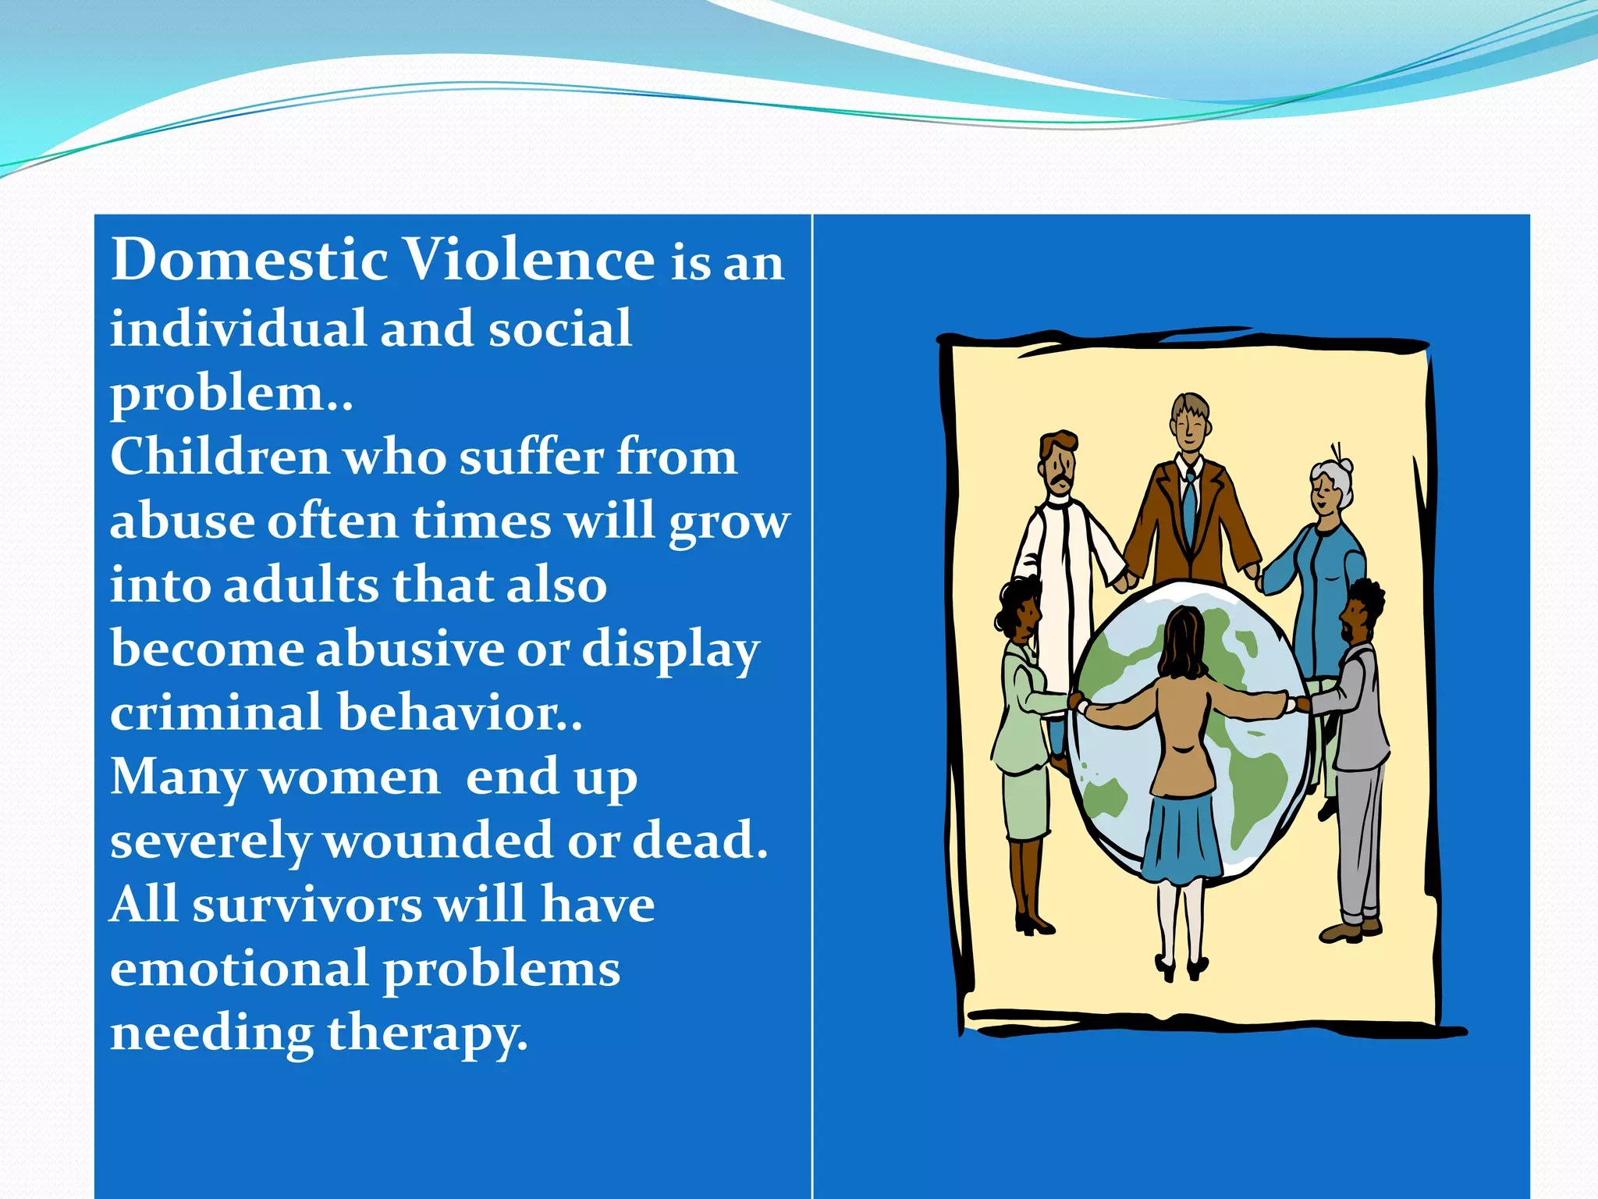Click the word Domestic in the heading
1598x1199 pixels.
250,260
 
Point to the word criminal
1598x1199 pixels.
215,713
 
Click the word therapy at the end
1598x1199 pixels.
427,1034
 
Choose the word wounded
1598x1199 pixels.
437,841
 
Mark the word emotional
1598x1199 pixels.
238,970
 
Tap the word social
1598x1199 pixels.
559,329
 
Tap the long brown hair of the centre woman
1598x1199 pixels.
1181,644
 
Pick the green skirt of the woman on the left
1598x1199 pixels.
1027,804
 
